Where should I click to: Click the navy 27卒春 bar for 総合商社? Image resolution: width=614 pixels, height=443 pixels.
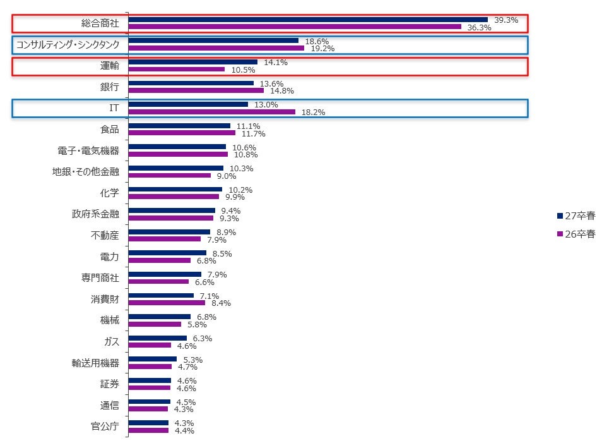(308, 20)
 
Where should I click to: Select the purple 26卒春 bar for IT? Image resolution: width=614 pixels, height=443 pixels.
(211, 112)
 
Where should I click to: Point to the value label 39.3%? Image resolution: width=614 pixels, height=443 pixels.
(506, 20)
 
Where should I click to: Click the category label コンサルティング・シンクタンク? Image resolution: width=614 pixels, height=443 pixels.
(68, 44)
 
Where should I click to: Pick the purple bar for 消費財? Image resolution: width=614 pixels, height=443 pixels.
(167, 303)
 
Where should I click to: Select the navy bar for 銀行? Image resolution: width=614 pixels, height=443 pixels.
(191, 83)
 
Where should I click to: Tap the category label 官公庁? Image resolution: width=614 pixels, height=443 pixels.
(105, 426)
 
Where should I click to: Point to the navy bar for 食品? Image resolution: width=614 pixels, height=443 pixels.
(179, 126)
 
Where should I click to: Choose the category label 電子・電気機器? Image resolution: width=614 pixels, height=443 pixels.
(88, 150)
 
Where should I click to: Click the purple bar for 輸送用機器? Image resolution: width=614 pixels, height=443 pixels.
(150, 367)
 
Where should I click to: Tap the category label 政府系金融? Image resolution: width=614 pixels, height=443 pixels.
(95, 214)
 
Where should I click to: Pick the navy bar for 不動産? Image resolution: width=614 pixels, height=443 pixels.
(169, 232)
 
